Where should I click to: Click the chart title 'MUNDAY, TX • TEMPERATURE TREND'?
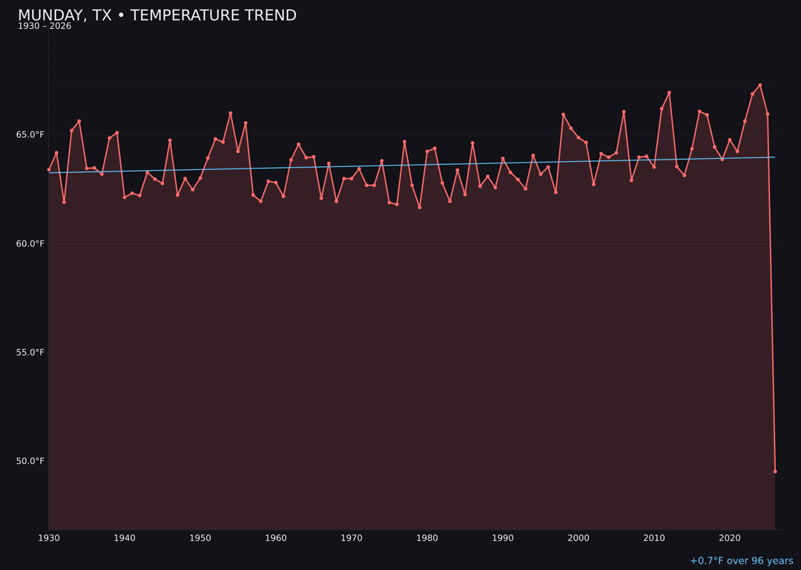click(x=156, y=16)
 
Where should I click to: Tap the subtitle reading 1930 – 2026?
click(x=44, y=27)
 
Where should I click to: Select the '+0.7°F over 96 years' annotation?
click(x=741, y=561)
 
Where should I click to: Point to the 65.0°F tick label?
click(x=30, y=135)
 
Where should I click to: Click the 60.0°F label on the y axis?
click(x=30, y=244)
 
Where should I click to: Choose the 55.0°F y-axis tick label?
click(x=30, y=353)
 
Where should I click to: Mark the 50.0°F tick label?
click(x=30, y=462)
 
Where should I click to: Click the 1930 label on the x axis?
click(x=49, y=538)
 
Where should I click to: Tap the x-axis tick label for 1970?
click(x=352, y=538)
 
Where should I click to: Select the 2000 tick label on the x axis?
click(x=578, y=538)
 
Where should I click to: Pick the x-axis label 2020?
click(x=730, y=538)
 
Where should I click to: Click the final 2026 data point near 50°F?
click(x=775, y=471)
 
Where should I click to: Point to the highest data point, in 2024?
click(x=759, y=85)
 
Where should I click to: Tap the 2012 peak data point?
click(x=669, y=93)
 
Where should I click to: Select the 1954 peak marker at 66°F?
click(x=230, y=113)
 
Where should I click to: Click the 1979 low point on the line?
click(x=419, y=207)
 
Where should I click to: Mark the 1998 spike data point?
click(x=563, y=114)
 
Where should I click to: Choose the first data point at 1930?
click(x=49, y=169)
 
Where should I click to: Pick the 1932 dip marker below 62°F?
click(x=64, y=202)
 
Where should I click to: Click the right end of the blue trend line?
click(x=774, y=157)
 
